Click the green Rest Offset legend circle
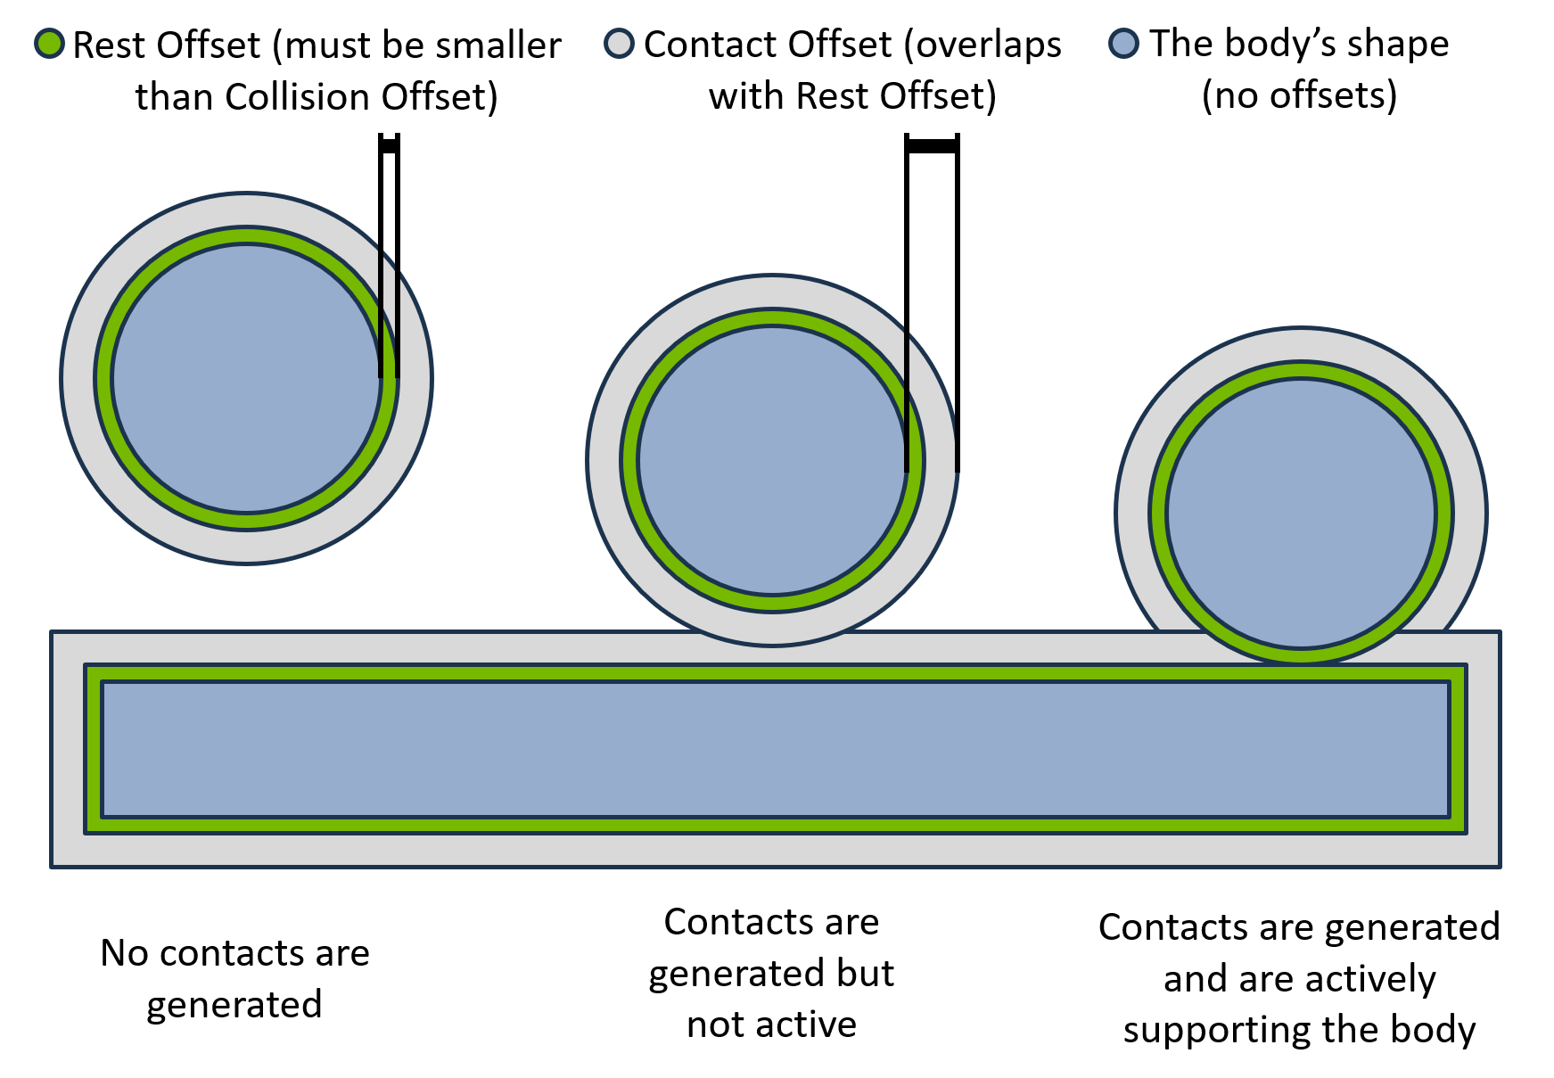(50, 43)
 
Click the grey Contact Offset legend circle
(619, 43)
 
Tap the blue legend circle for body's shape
(1123, 43)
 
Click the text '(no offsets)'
(1299, 95)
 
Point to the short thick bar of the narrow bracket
(389, 146)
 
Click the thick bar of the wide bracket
(932, 145)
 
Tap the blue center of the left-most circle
(246, 378)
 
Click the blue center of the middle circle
(772, 460)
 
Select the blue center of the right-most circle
(1300, 513)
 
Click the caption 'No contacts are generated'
(234, 978)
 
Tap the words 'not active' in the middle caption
(771, 1025)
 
